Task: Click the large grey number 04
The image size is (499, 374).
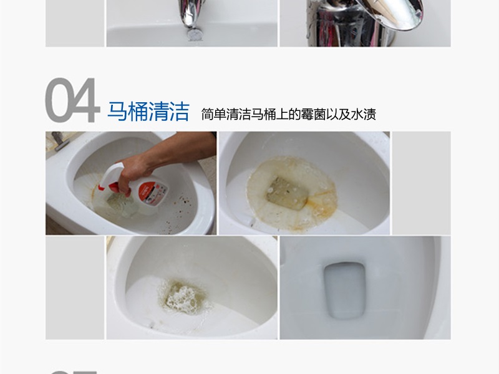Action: [x=72, y=100]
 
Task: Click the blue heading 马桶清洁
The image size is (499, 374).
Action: [x=148, y=112]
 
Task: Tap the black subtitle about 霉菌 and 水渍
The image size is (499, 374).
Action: [x=288, y=114]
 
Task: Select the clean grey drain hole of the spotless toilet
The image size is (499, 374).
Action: [x=344, y=290]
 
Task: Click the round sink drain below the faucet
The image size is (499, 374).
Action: [x=194, y=35]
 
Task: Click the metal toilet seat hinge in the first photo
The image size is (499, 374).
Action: [x=59, y=141]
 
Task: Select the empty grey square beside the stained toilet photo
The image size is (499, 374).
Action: [x=422, y=183]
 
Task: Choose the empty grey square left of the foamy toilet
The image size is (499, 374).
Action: [x=75, y=288]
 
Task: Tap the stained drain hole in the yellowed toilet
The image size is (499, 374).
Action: [x=288, y=193]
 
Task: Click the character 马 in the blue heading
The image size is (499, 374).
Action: [x=117, y=112]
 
